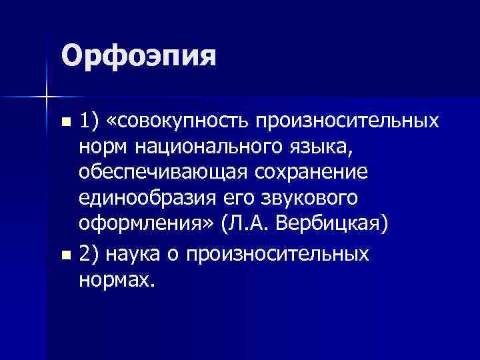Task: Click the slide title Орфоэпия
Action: [x=139, y=56]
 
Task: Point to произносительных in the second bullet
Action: [x=279, y=254]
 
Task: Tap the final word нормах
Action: [x=117, y=279]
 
